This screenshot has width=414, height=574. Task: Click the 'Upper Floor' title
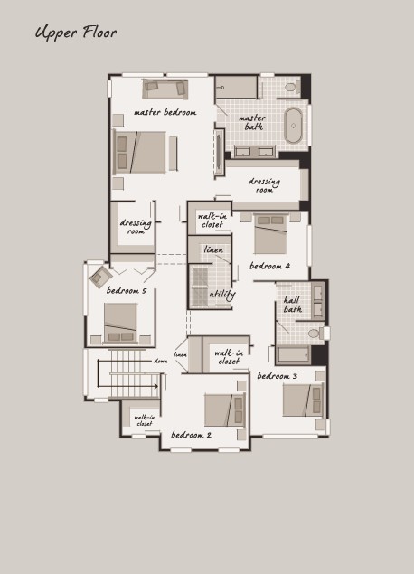tap(76, 33)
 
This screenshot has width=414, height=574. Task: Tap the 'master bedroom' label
tap(165, 112)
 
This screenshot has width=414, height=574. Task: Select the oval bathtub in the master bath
tap(293, 126)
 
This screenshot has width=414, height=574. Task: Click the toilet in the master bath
tap(292, 87)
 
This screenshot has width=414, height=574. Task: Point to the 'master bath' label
tap(252, 122)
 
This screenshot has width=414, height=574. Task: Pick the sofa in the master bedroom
tap(165, 89)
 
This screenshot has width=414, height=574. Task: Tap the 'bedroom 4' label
tap(269, 266)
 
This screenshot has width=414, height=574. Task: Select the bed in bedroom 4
tap(270, 233)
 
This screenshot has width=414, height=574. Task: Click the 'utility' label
tap(222, 295)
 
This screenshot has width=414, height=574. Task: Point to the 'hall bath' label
tap(293, 305)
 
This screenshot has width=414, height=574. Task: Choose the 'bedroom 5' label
tap(127, 291)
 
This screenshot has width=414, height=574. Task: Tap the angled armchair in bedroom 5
tap(100, 277)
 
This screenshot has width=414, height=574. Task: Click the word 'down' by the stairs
tap(160, 361)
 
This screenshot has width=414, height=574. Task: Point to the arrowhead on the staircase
tap(156, 386)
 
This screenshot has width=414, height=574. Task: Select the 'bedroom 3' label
tap(278, 376)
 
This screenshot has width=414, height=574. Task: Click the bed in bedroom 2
tap(224, 410)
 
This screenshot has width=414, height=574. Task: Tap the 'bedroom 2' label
tap(191, 435)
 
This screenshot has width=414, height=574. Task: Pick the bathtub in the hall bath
tap(293, 354)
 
